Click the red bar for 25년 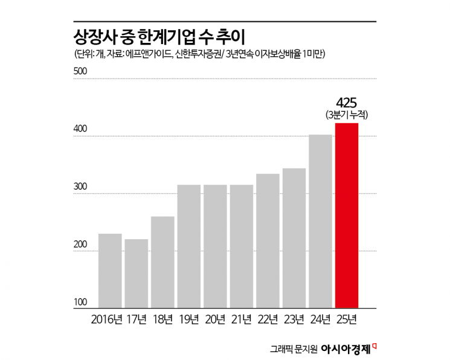(x=347, y=216)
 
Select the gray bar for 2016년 (x=110, y=271)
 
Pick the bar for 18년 (x=162, y=262)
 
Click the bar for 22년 (x=268, y=241)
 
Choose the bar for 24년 (x=320, y=221)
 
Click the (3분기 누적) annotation (x=347, y=115)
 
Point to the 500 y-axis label (x=81, y=71)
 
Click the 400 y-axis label (x=81, y=129)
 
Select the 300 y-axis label (x=81, y=187)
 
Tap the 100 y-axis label (x=81, y=303)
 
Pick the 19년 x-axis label (x=189, y=318)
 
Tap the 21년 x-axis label (x=241, y=318)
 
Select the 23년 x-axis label (x=294, y=318)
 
